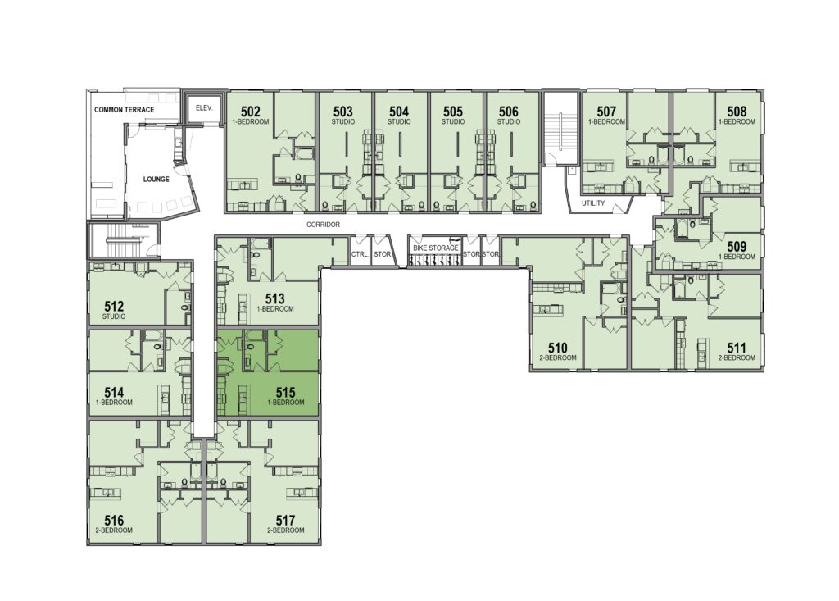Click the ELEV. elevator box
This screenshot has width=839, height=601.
tap(204, 108)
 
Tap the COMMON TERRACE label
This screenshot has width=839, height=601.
tap(125, 110)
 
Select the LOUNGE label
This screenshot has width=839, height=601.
tap(156, 180)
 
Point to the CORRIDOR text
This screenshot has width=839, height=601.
tap(323, 225)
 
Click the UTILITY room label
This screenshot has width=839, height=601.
tap(593, 203)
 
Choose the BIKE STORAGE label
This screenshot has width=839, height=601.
tap(436, 248)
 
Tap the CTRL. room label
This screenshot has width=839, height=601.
tap(360, 254)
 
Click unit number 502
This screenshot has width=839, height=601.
tap(251, 112)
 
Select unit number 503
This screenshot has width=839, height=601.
tap(343, 112)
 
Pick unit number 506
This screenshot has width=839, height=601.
tap(508, 112)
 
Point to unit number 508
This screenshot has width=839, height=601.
tap(737, 112)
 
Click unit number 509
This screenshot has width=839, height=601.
tap(737, 247)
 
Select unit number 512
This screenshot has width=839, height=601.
tap(114, 307)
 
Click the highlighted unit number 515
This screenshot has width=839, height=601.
tap(286, 393)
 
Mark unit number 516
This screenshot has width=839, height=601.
tap(114, 521)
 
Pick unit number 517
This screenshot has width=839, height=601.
tap(286, 521)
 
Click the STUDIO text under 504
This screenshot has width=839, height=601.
tap(399, 121)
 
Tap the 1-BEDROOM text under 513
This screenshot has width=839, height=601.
tap(275, 309)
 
